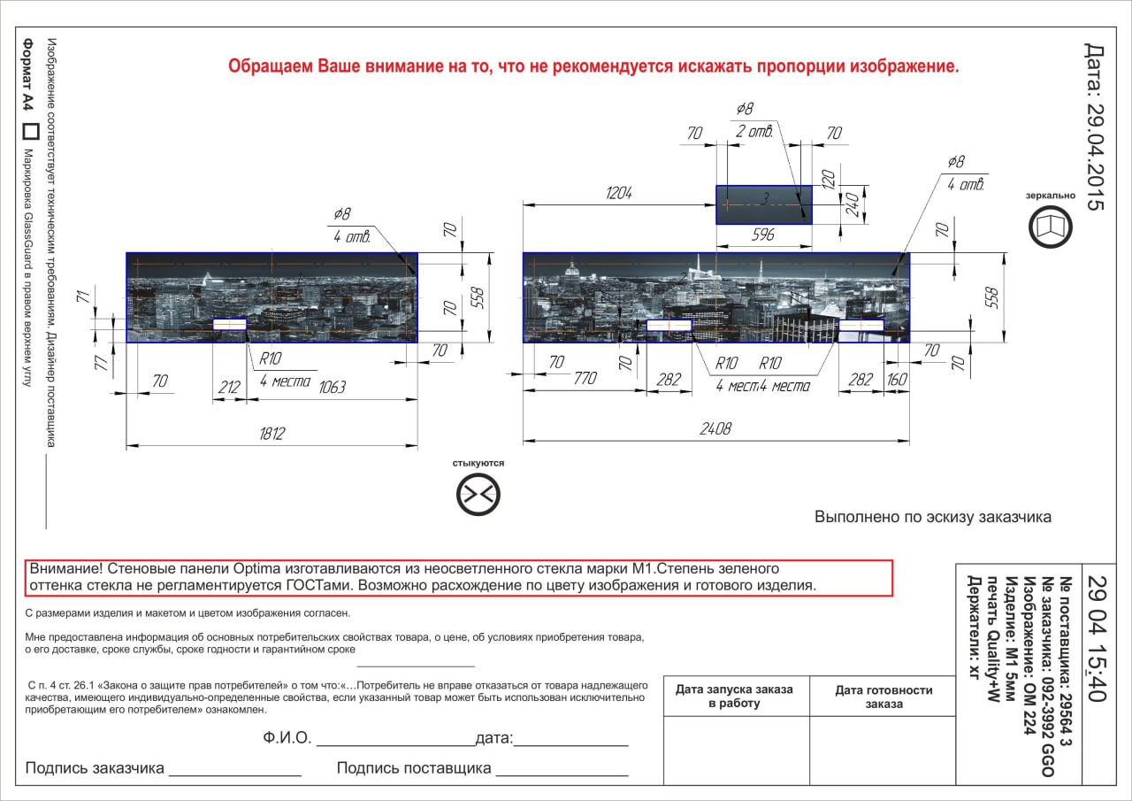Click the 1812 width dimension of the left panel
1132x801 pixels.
[272, 434]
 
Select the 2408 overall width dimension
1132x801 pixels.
[715, 429]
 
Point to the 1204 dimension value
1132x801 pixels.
[618, 194]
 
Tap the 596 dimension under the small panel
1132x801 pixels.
[762, 235]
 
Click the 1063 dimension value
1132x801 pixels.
[332, 387]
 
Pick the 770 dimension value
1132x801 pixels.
[585, 379]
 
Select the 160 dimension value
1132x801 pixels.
[896, 379]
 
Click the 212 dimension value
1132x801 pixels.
[229, 387]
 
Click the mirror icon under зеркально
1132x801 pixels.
[1051, 227]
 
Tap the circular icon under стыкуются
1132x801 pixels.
[478, 494]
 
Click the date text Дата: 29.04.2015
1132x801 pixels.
[1095, 127]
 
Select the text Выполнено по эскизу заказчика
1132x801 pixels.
[933, 517]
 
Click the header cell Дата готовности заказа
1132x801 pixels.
[883, 697]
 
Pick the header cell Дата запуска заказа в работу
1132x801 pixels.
[736, 697]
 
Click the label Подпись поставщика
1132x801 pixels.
[413, 768]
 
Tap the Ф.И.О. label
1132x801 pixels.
[287, 739]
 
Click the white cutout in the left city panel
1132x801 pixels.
[230, 325]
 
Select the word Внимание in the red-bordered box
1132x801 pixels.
[65, 568]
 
